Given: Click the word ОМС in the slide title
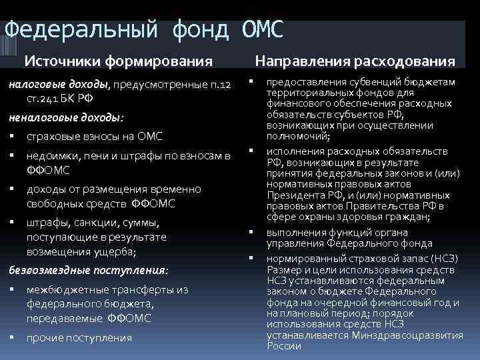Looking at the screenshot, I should pos(260,29).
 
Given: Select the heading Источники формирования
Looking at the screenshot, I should pos(119,61).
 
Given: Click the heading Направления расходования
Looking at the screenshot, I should pos(356,61).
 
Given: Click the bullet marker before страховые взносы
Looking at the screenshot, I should pos(12,137).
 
